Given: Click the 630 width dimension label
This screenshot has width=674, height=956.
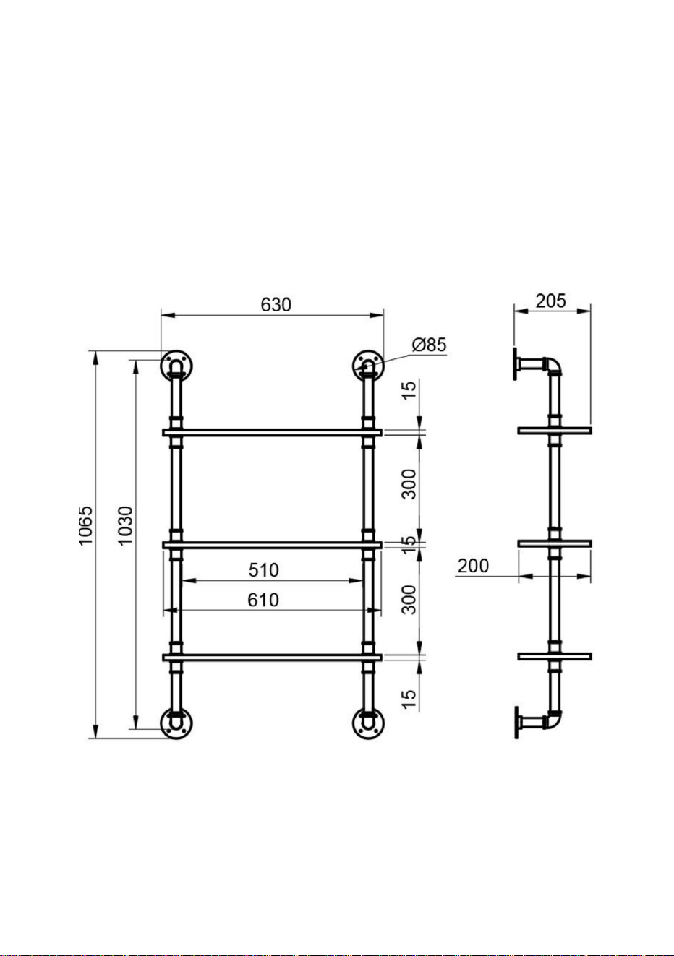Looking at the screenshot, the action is tap(276, 305).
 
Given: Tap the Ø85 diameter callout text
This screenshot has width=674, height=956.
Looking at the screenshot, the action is tap(429, 345).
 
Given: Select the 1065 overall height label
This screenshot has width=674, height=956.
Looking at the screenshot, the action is tap(86, 525).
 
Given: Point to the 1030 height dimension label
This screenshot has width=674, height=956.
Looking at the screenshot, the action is tap(126, 525).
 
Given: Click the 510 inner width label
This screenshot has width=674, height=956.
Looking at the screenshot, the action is tap(264, 570).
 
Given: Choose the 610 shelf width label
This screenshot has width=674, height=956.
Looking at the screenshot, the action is tap(263, 600).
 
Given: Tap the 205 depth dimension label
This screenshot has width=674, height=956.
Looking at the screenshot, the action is tap(551, 301).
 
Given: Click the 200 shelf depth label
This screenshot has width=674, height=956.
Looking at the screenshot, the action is tap(473, 567).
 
